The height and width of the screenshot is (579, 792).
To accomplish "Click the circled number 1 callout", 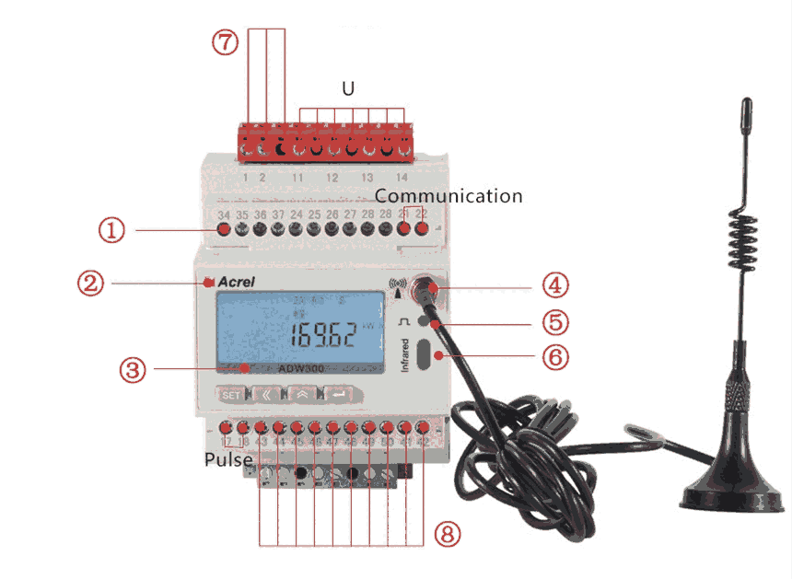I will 112,228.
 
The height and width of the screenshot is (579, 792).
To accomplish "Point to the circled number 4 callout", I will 553,287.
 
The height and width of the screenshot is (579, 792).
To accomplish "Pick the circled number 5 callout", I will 553,322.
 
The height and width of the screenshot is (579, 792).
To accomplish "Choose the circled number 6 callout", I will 553,356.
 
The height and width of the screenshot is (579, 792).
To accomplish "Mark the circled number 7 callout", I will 225,42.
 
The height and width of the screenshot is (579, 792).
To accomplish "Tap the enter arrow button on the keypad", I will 338,394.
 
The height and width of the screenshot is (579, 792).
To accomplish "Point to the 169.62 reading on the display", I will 323,334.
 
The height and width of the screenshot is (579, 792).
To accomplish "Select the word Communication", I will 448,196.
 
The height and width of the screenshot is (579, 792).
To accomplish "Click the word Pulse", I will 228,458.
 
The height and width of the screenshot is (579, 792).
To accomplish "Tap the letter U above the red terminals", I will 348,89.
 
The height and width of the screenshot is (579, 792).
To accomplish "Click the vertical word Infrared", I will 404,353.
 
